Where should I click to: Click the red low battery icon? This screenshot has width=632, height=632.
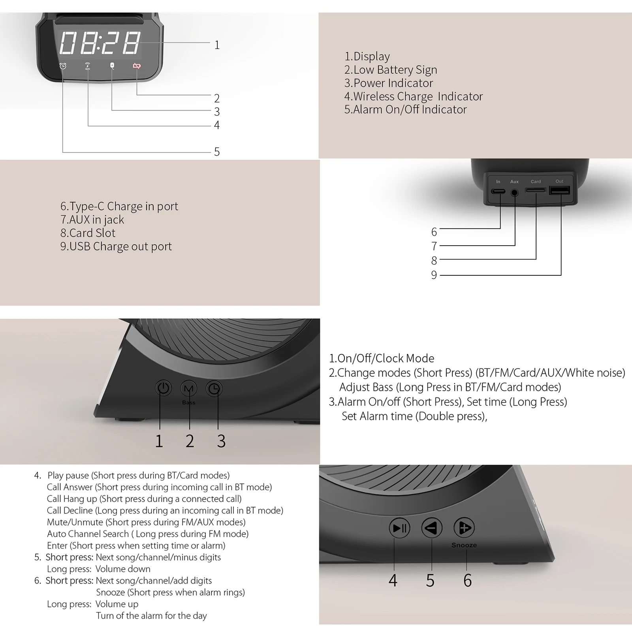point(137,66)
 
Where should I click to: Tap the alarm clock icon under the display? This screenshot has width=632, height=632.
point(63,66)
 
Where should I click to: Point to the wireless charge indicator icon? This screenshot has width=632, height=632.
point(88,66)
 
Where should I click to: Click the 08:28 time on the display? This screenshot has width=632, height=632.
point(100,43)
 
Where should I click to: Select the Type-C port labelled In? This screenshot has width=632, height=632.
point(498,192)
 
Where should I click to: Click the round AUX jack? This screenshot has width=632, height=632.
point(515,193)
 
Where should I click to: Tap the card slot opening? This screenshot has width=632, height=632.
point(535,190)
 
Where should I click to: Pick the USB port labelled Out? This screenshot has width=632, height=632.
point(559,191)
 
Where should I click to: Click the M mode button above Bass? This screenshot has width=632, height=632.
point(189,389)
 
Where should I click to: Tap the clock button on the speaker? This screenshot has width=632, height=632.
point(214,389)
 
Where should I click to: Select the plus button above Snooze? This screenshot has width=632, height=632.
point(464,528)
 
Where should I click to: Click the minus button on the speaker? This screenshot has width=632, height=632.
point(431,528)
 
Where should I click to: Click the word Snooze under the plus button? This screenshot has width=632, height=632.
point(464,545)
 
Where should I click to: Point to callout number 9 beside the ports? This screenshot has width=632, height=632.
point(434,275)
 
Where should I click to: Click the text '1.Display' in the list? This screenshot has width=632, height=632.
point(367,56)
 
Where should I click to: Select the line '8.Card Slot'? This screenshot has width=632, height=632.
point(88,233)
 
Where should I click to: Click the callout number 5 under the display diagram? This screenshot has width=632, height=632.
point(217,152)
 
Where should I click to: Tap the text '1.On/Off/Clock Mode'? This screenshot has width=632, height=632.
point(382,358)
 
